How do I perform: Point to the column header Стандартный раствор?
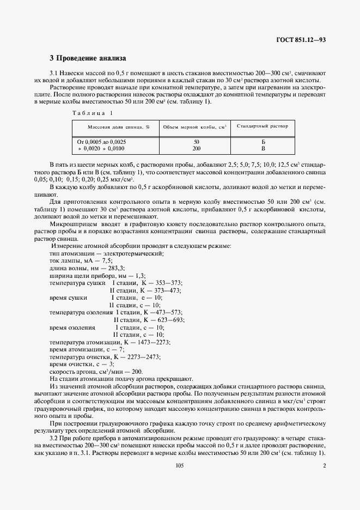[x=263, y=126]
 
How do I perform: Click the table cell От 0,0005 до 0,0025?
[x=102, y=142]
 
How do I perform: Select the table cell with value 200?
[x=196, y=148]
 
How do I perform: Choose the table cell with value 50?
[x=196, y=142]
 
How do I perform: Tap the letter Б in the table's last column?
[x=263, y=142]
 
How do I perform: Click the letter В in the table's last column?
[x=263, y=148]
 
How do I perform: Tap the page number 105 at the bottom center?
[x=180, y=465]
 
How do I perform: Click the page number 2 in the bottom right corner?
[x=324, y=465]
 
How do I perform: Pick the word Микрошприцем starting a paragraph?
[x=69, y=224]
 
